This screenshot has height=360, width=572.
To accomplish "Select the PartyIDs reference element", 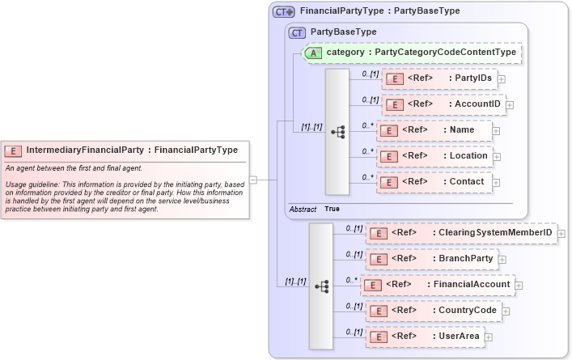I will pyautogui.click(x=439, y=78).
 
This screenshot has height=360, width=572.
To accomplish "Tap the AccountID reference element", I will pyautogui.click(x=443, y=104).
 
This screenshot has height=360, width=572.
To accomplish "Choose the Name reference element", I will pyautogui.click(x=434, y=130).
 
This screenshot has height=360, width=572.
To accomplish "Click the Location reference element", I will pyautogui.click(x=434, y=156).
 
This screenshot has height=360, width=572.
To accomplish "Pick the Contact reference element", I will pyautogui.click(x=434, y=182).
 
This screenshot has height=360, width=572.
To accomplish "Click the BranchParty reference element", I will pyautogui.click(x=432, y=259).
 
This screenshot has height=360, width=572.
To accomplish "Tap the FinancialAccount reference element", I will pyautogui.click(x=438, y=285).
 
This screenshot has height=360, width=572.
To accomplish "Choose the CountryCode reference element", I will pyautogui.click(x=432, y=311).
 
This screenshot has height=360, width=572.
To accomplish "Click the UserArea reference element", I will pyautogui.click(x=426, y=337).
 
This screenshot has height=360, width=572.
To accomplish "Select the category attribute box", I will pyautogui.click(x=412, y=53).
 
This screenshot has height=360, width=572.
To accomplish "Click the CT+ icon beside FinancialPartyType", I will pyautogui.click(x=284, y=12).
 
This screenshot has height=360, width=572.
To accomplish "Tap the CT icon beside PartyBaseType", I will pyautogui.click(x=297, y=32).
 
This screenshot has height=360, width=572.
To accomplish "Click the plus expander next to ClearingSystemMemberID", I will pyautogui.click(x=561, y=234).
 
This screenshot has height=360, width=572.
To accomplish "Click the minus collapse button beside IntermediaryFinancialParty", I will pyautogui.click(x=253, y=180).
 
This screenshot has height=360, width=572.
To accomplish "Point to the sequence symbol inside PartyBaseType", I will pyautogui.click(x=337, y=131).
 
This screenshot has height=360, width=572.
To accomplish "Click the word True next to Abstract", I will pyautogui.click(x=332, y=209).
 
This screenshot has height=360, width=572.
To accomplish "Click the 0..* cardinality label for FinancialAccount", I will pyautogui.click(x=351, y=280).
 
